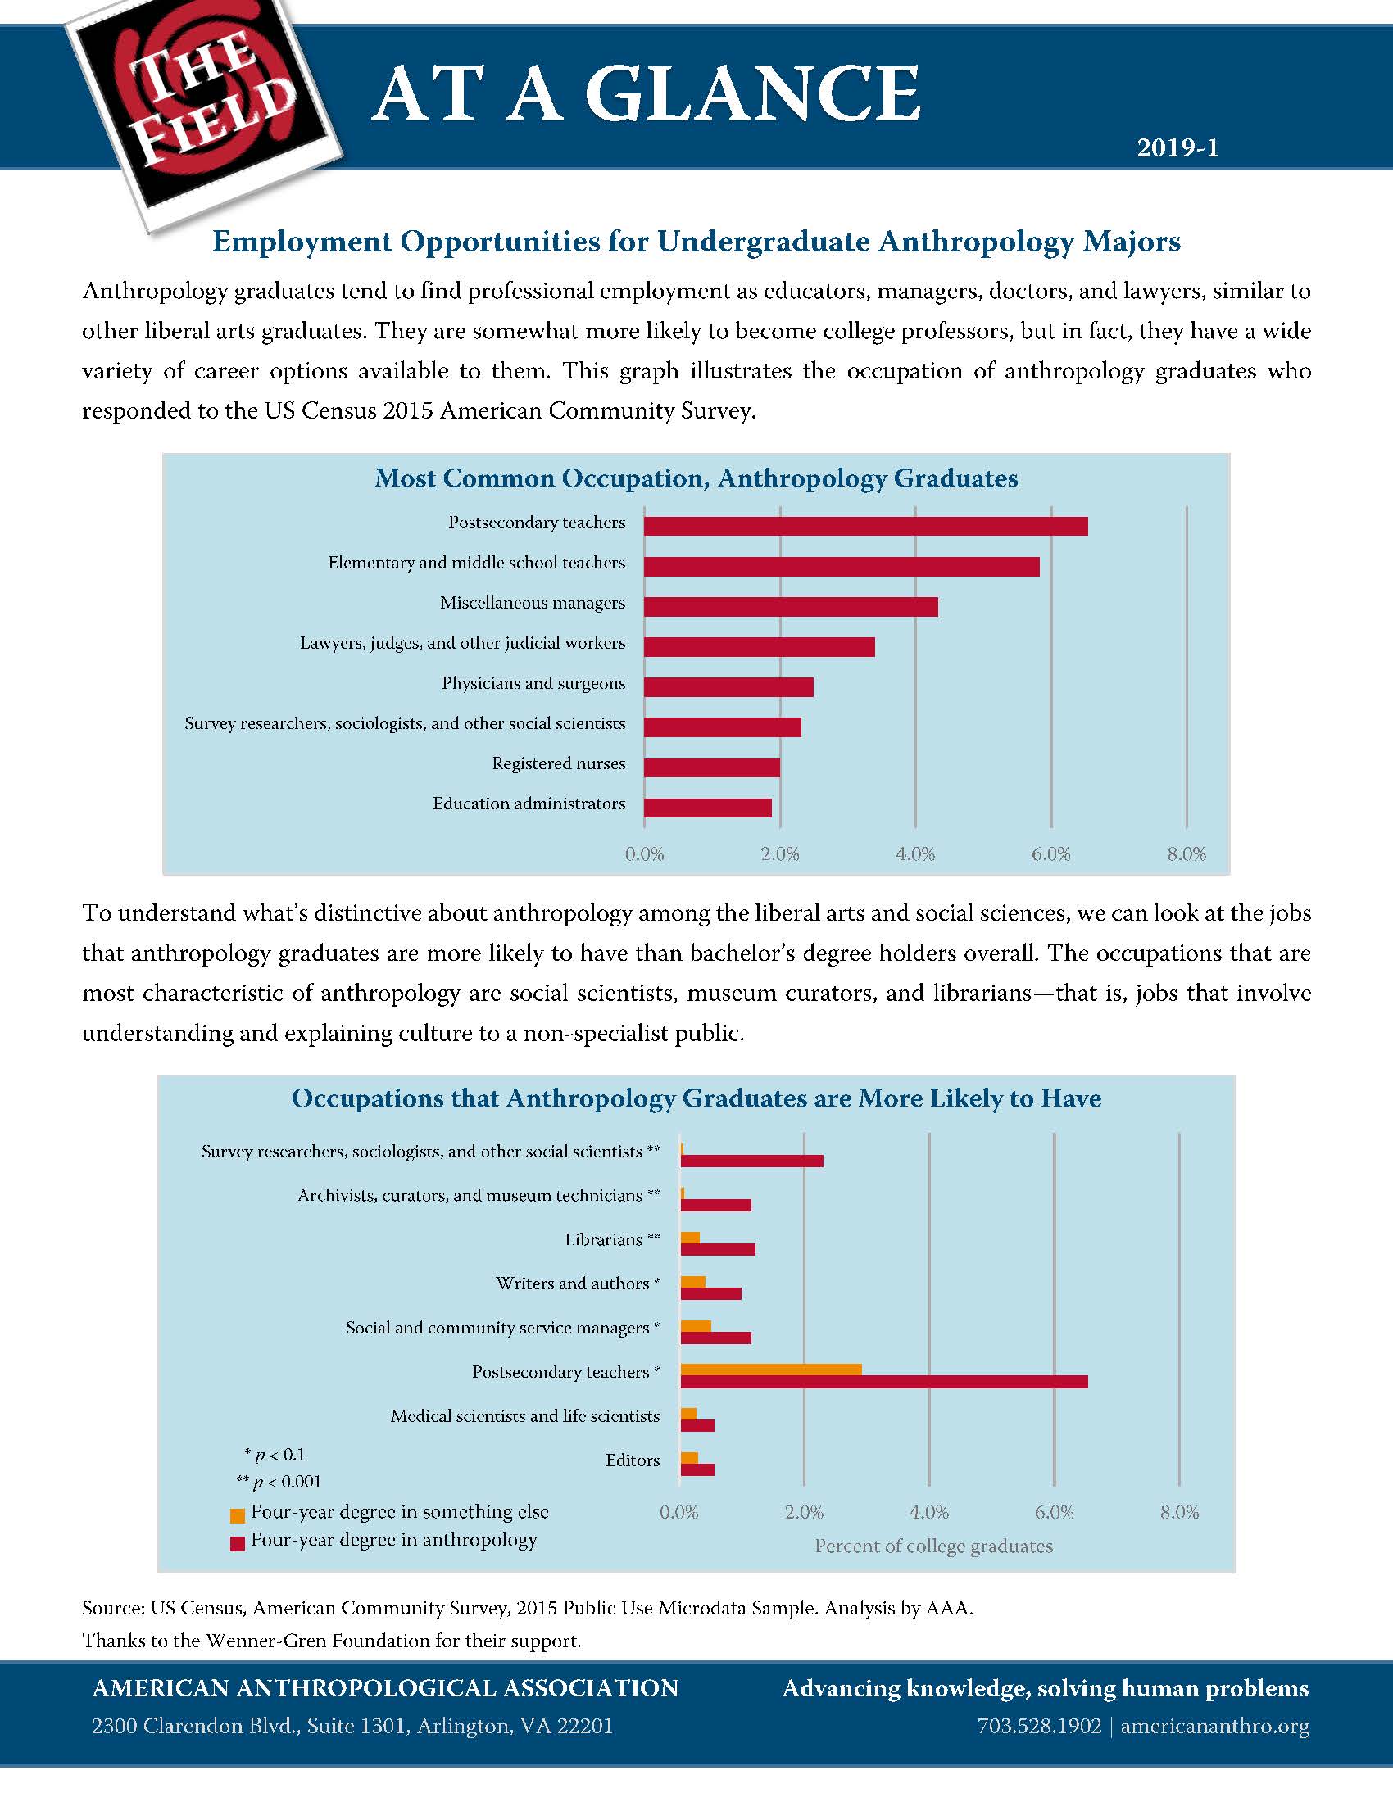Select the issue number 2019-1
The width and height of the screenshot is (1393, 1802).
(x=1177, y=148)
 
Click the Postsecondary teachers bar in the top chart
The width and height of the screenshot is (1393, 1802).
(x=864, y=526)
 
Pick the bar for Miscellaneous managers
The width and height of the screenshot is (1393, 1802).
(x=790, y=606)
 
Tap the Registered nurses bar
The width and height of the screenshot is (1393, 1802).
(x=711, y=767)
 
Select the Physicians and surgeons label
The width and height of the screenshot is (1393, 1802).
(x=533, y=683)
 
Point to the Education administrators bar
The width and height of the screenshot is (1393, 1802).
(x=707, y=807)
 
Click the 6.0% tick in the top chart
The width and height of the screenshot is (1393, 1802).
(x=1050, y=855)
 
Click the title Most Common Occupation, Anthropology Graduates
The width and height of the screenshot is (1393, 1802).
(x=696, y=478)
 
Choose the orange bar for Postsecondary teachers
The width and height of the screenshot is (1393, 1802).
(x=771, y=1370)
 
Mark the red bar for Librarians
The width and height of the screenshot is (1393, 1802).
(x=717, y=1249)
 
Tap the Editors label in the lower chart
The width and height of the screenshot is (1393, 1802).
(x=632, y=1460)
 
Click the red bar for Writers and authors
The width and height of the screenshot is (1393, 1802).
(x=710, y=1293)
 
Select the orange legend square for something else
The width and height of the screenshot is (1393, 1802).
(x=238, y=1515)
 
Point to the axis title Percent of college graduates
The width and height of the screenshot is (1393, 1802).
(x=933, y=1546)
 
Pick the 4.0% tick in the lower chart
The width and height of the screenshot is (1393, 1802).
(x=928, y=1512)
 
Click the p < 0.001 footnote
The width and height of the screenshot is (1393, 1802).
(x=279, y=1482)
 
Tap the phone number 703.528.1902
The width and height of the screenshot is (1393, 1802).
(x=1039, y=1726)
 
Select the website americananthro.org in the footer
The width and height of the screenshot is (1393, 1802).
(x=1214, y=1726)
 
